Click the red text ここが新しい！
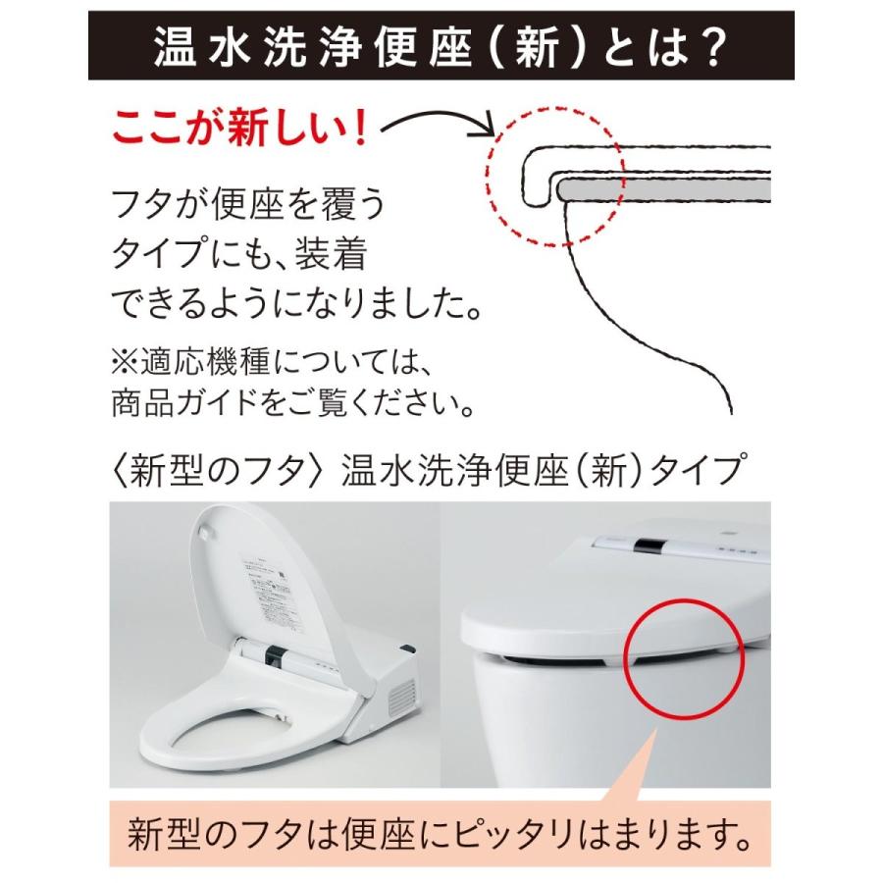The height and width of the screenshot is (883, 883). click(x=240, y=128)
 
